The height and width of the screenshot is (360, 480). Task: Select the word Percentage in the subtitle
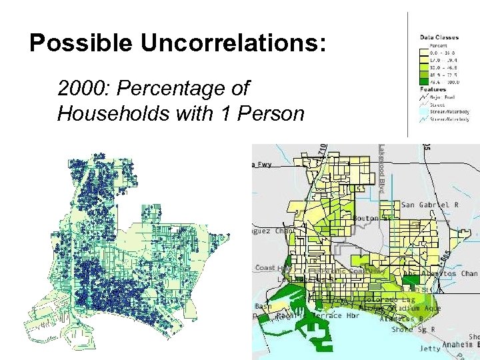185,88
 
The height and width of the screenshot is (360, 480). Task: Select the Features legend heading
433,89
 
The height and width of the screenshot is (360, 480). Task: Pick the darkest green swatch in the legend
425,82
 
